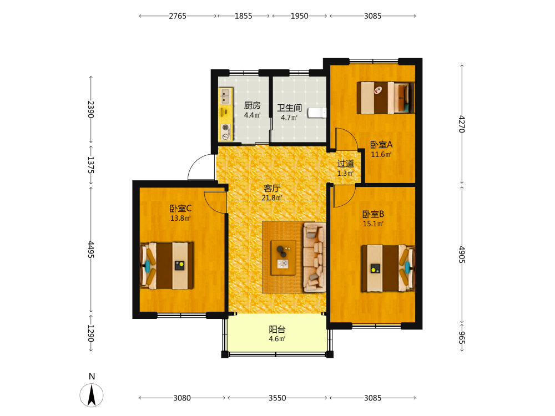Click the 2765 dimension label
[178, 16]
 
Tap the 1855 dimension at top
[244, 16]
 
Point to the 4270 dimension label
[462, 124]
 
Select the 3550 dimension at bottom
[277, 398]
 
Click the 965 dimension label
[462, 337]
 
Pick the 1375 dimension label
[90, 165]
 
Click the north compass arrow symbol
[92, 395]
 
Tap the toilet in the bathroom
[317, 113]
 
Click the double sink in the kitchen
[225, 97]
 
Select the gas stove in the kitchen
[225, 132]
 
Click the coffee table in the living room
[284, 258]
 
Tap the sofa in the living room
[314, 257]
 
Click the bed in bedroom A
[386, 98]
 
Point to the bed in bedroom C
[167, 266]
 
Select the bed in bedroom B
[388, 268]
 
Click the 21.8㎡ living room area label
[272, 198]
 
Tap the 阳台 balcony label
[277, 329]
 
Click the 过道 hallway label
[345, 164]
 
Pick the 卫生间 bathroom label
[290, 108]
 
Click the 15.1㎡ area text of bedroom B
[373, 224]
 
